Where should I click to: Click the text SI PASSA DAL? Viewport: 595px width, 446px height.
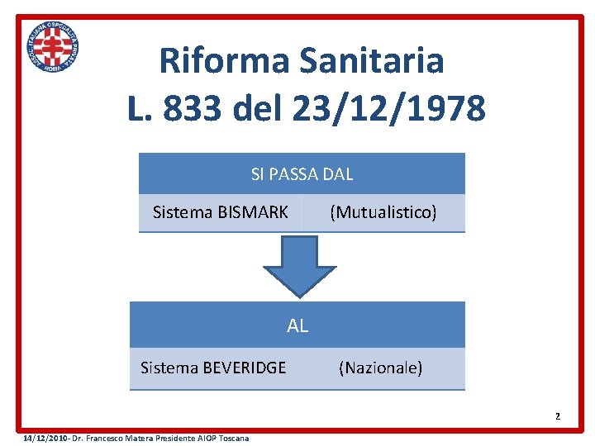(302, 174)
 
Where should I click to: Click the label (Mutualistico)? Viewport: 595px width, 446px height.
(383, 213)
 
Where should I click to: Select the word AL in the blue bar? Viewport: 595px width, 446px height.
(297, 325)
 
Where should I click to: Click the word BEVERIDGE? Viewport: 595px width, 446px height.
(245, 368)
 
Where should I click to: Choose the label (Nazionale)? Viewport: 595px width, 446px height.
(380, 368)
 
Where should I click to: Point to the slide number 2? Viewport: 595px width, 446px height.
(558, 416)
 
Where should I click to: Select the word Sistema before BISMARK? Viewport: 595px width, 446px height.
(183, 213)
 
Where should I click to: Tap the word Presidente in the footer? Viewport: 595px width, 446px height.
(169, 438)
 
